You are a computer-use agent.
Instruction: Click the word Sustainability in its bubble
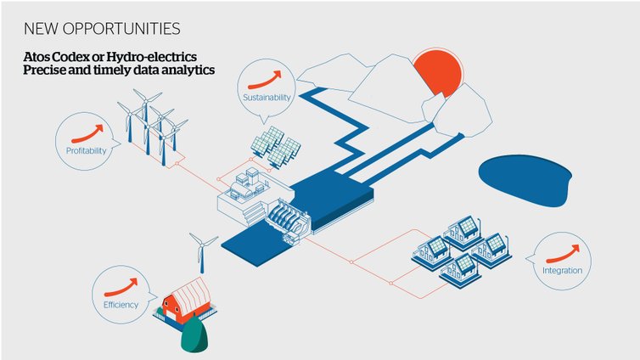267,98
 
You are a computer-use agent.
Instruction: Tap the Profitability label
86,150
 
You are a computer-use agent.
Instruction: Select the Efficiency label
121,305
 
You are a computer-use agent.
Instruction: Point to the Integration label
562,270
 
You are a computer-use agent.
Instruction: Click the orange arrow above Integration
563,254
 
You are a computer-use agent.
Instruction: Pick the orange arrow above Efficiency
121,287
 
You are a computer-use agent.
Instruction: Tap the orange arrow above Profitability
87,134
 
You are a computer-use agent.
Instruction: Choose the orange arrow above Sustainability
265,80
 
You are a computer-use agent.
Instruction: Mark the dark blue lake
525,179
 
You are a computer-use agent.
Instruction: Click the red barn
186,300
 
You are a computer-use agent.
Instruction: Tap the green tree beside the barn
194,334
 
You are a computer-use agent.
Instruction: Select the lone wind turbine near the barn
202,252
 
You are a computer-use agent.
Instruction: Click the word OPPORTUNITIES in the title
121,29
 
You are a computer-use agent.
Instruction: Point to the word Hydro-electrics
151,57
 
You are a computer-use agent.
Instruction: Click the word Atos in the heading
34,57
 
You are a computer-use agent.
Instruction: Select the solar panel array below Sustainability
276,147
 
